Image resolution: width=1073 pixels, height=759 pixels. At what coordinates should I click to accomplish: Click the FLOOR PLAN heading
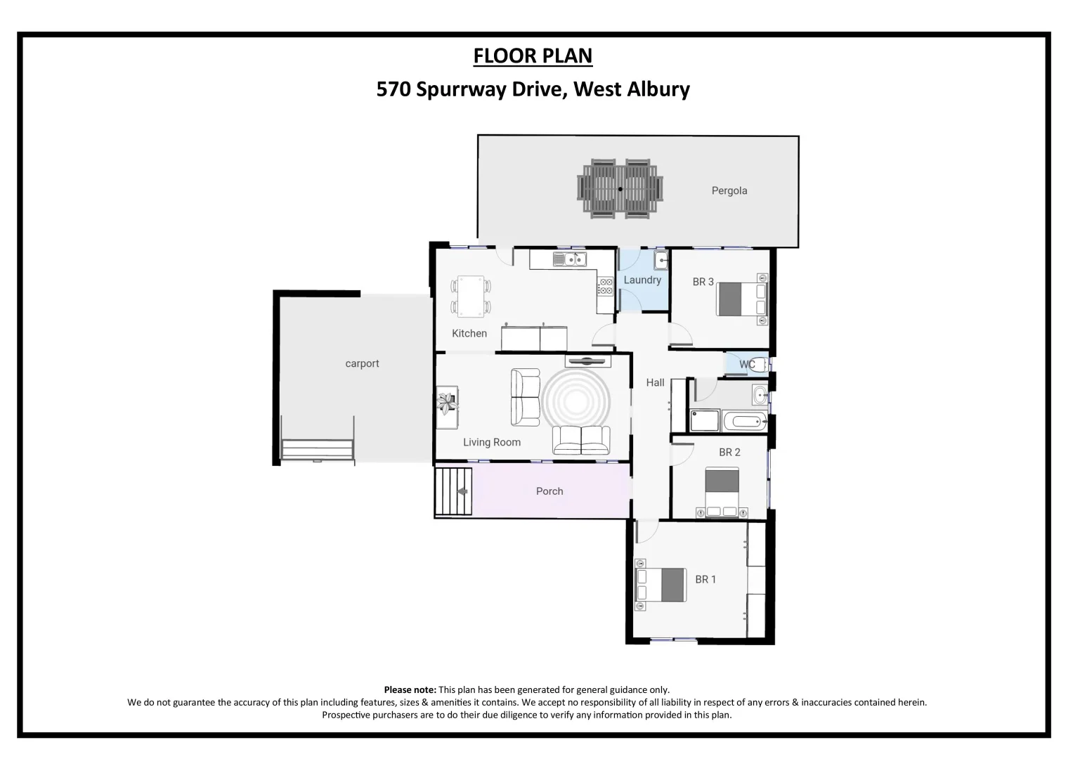point(533,56)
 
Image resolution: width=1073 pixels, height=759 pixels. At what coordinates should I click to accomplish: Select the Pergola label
point(729,190)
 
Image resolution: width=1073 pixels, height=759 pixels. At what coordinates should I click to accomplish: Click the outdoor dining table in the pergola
point(620,188)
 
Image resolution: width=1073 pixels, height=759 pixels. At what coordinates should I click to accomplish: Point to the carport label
point(362,363)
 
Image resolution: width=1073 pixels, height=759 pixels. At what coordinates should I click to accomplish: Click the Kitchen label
point(469,333)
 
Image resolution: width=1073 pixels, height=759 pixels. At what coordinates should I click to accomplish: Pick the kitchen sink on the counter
point(569,260)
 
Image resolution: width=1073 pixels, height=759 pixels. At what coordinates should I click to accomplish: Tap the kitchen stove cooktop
point(604,286)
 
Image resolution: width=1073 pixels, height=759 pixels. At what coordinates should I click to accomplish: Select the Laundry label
point(642,280)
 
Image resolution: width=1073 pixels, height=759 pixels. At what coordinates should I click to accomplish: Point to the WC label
point(746,364)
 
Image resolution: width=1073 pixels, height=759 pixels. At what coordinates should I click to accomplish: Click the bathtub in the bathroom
point(744,422)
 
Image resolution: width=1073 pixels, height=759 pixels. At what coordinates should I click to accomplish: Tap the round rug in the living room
point(575,397)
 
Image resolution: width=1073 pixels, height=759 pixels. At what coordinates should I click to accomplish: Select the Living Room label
point(491,442)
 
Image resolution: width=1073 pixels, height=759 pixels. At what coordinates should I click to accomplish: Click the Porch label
point(549,491)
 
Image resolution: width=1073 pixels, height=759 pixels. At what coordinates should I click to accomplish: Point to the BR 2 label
point(729,452)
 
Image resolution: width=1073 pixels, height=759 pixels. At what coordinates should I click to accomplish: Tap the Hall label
point(655,382)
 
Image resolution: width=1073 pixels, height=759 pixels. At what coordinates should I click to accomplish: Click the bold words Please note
point(410,689)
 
